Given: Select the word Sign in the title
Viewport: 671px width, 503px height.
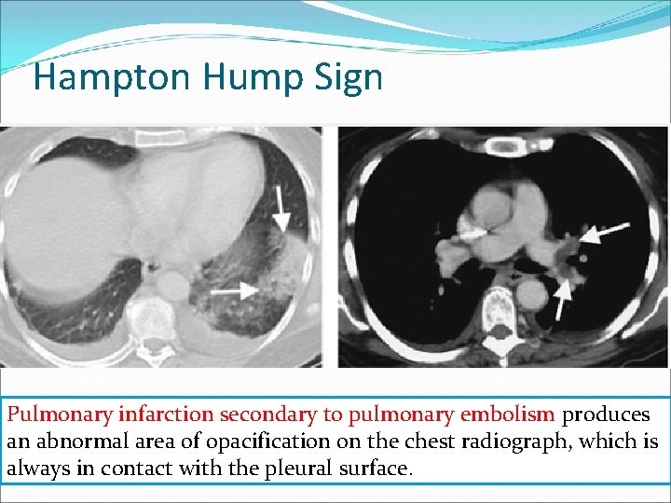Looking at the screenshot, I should point(349,77).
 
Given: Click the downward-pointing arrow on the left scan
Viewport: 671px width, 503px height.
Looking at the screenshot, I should point(279,206).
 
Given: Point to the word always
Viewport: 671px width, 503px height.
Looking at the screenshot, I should point(36,469).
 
